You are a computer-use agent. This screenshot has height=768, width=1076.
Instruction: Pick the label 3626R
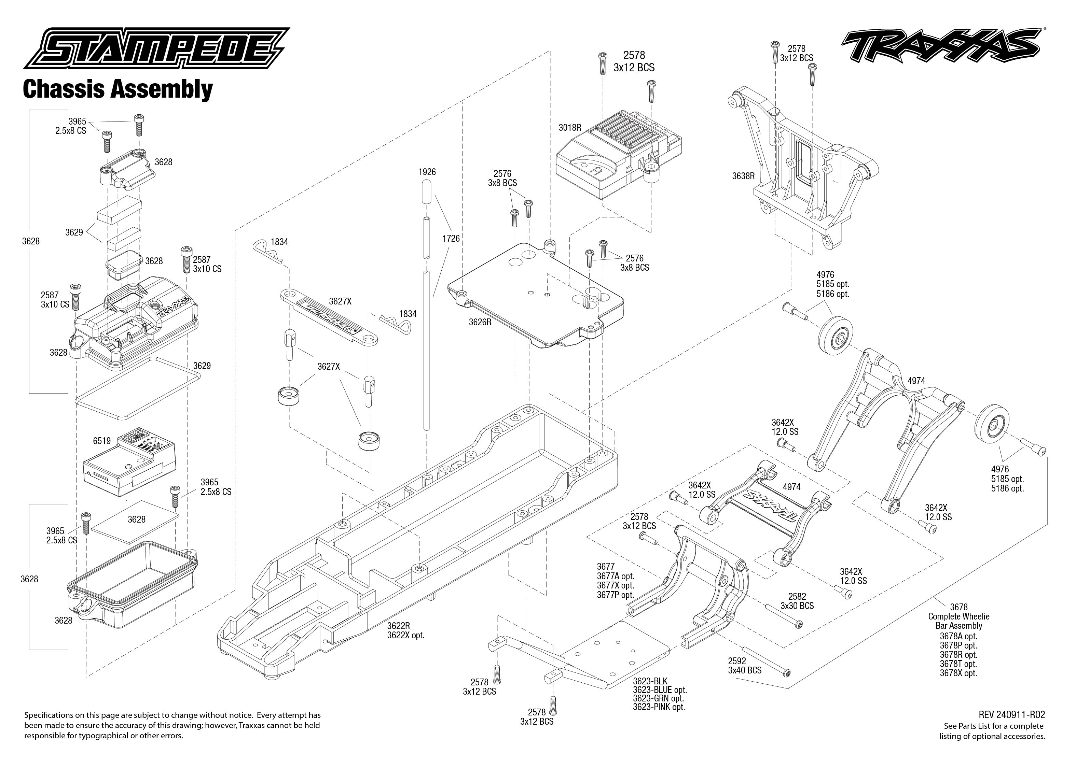coord(480,322)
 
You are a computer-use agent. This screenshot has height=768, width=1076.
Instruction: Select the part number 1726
coord(451,238)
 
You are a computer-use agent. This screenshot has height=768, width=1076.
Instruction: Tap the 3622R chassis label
coord(398,626)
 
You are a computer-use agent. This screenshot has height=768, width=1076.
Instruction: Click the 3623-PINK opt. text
coord(659,707)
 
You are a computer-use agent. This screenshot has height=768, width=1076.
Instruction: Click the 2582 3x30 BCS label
coord(797,601)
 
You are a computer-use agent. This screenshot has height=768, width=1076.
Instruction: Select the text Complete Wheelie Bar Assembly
coord(958,621)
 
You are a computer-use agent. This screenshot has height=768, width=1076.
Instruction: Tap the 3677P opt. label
coord(615,595)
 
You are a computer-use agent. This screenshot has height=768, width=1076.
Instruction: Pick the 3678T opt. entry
coord(958,664)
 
